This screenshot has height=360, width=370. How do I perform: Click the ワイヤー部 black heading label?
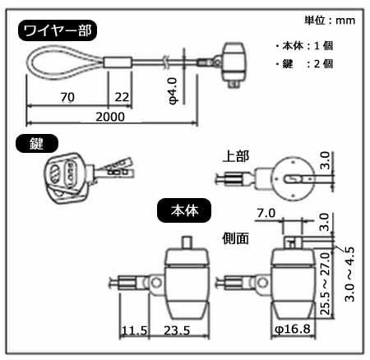(x=58, y=30)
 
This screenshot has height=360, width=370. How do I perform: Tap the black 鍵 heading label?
(x=37, y=143)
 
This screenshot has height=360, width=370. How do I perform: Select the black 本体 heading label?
(x=184, y=210)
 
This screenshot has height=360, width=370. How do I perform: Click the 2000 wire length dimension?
(x=110, y=117)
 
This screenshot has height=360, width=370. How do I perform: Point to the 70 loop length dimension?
(x=67, y=97)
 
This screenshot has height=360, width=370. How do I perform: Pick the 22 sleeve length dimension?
(x=122, y=97)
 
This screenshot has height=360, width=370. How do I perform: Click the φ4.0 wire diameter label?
(x=173, y=90)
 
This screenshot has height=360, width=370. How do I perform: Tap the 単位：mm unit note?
(x=330, y=21)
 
